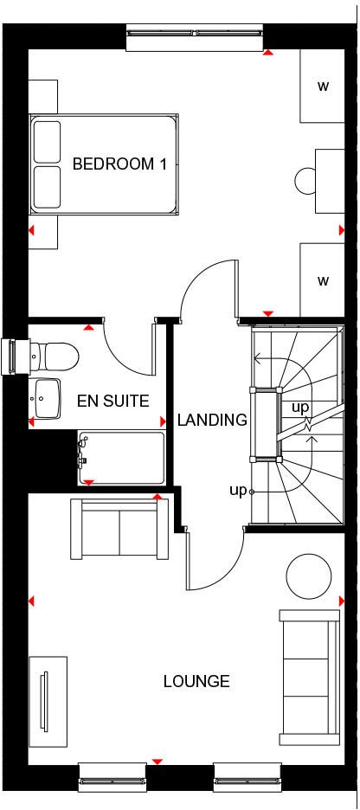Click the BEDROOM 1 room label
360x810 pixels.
coord(119,164)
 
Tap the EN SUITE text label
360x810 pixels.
coord(112,401)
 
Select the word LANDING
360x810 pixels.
coord(212,421)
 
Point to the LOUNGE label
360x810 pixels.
coord(196,681)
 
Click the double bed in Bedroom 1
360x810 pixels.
coord(105,164)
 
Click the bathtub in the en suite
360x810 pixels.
coord(121,458)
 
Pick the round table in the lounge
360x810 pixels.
coord(309,575)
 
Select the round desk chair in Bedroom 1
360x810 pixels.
coord(305,181)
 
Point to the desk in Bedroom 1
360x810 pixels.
coord(328,180)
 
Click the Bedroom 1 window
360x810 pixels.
coord(196,34)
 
